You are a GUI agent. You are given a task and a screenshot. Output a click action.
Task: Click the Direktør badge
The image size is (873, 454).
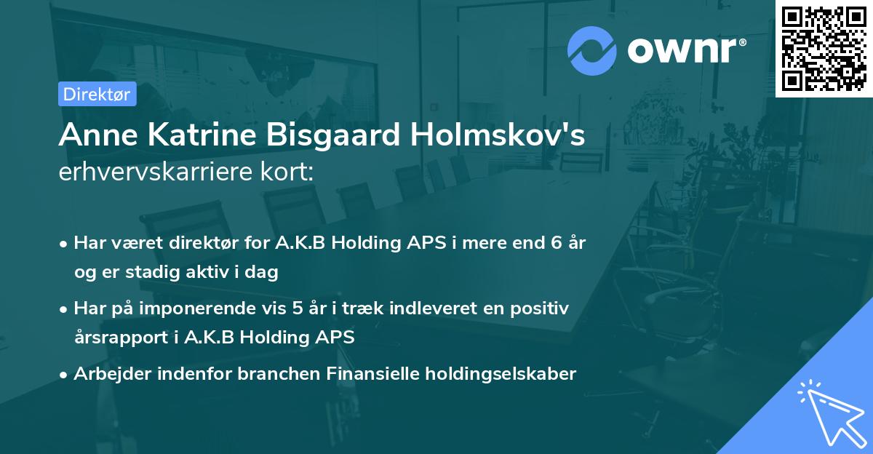pos(97,94)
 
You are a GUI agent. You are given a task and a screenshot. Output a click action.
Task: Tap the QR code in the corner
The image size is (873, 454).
pos(824,48)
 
